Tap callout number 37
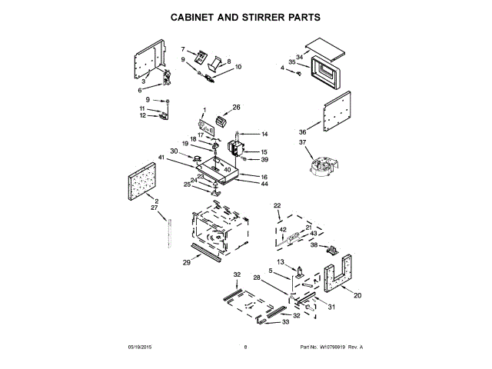(302, 142)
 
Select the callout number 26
(237, 108)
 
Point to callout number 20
(357, 295)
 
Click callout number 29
(186, 263)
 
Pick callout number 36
(302, 131)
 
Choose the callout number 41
(161, 157)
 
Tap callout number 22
(278, 205)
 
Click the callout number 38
(314, 246)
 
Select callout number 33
(285, 322)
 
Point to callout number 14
(264, 134)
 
